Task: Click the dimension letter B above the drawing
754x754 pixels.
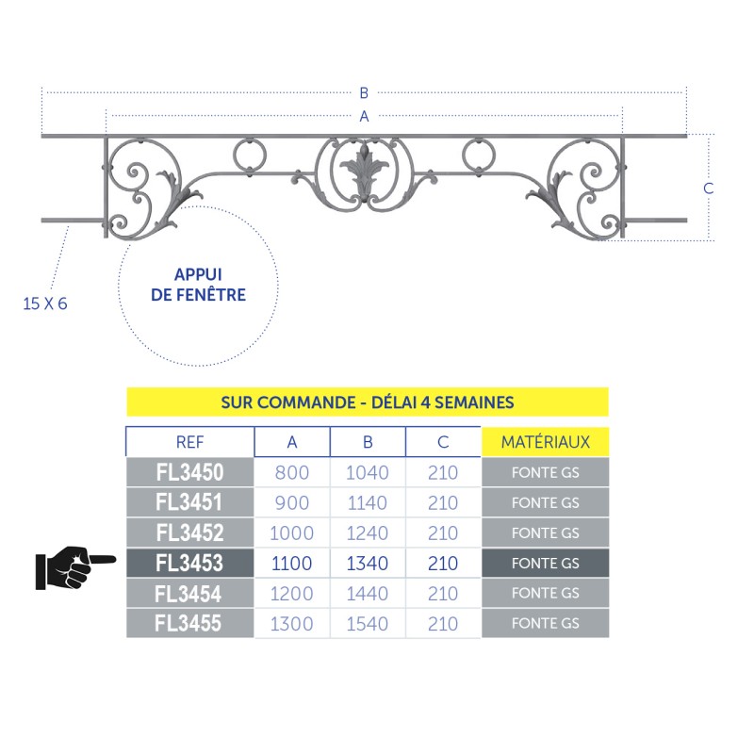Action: tap(364, 92)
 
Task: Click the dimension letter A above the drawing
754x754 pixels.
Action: tap(364, 116)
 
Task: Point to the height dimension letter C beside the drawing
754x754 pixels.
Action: tap(709, 188)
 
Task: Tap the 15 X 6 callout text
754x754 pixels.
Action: tap(45, 303)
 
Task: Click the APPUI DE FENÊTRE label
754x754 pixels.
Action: tap(198, 285)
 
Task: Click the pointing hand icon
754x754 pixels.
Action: tap(76, 568)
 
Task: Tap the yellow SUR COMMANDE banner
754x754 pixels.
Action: tap(368, 402)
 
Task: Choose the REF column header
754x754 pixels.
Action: tap(190, 442)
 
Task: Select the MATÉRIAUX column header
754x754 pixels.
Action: tap(546, 442)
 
